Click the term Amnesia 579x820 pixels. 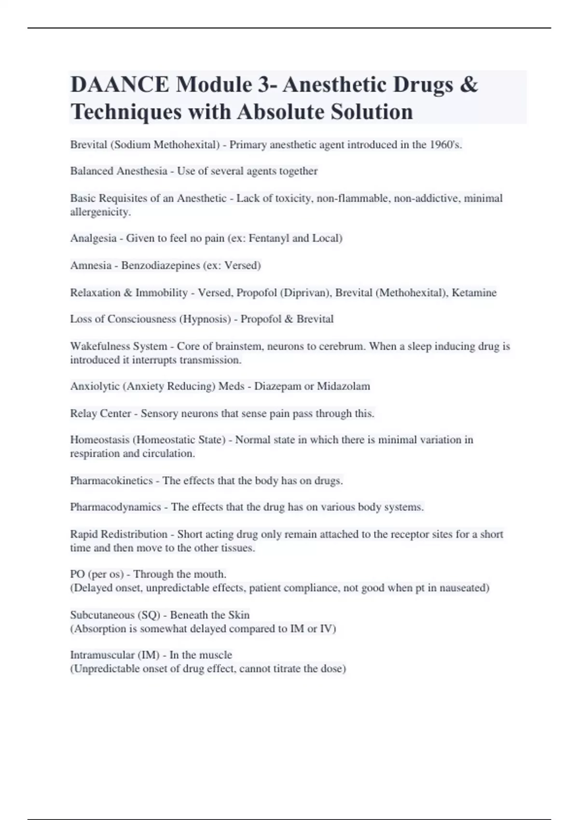coord(91,265)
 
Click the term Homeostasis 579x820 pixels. coord(99,440)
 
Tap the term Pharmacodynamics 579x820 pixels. coord(115,507)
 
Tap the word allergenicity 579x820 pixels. coord(100,212)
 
